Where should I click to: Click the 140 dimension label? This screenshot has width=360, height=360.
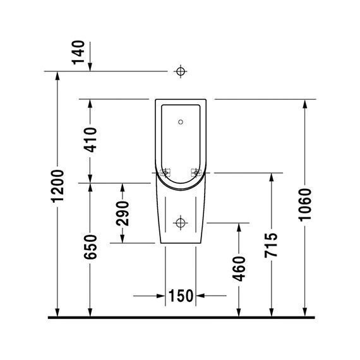pyautogui.click(x=78, y=52)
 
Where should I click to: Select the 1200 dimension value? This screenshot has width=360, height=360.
pyautogui.click(x=57, y=186)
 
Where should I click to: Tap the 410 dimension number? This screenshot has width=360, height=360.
pyautogui.click(x=90, y=140)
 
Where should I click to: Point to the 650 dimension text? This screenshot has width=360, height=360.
pyautogui.click(x=90, y=247)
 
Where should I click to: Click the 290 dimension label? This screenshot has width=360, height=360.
pyautogui.click(x=123, y=213)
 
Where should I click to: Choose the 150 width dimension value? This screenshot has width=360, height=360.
pyautogui.click(x=181, y=296)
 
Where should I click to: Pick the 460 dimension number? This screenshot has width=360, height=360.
pyautogui.click(x=239, y=269)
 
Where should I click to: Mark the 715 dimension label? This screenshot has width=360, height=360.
pyautogui.click(x=271, y=245)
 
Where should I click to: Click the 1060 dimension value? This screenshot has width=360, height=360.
pyautogui.click(x=305, y=205)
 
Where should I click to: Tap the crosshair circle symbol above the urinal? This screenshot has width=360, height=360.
pyautogui.click(x=181, y=71)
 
